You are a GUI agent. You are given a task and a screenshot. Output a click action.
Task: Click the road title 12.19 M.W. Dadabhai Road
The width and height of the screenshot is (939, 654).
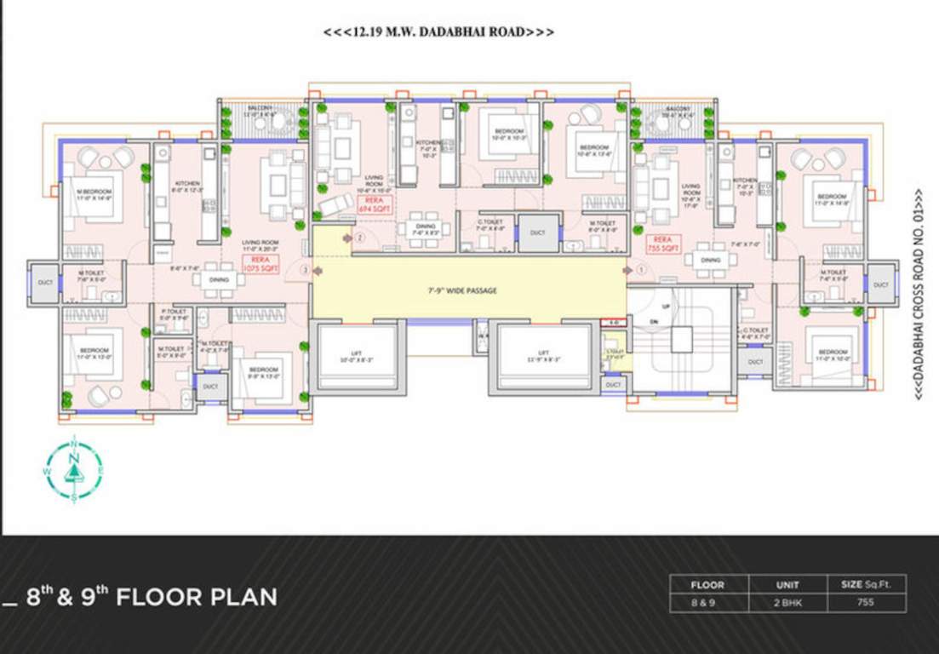[438, 32]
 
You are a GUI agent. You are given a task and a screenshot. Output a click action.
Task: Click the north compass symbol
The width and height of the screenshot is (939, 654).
[74, 469]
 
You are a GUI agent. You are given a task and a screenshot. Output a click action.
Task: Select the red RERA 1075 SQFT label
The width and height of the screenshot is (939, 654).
[261, 264]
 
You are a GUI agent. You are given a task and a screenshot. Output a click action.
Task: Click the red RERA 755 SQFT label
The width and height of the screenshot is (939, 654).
[663, 244]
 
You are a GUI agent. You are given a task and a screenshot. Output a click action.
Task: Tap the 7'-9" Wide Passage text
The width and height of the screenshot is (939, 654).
[462, 291]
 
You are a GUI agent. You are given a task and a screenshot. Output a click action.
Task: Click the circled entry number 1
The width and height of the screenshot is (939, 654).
[641, 269]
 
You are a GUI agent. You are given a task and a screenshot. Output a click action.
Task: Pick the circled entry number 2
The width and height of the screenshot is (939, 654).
[359, 238]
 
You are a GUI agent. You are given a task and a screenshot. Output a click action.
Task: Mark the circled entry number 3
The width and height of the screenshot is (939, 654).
[306, 270]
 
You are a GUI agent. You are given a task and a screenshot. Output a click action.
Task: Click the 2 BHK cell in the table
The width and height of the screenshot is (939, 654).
[787, 602]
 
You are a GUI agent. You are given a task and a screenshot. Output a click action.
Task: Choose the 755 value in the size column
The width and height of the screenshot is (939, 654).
[866, 602]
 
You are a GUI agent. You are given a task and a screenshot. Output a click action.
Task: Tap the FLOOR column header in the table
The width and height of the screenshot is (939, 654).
[707, 585]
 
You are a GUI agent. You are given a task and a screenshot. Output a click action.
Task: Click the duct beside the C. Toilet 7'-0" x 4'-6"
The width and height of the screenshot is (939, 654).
[537, 232]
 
